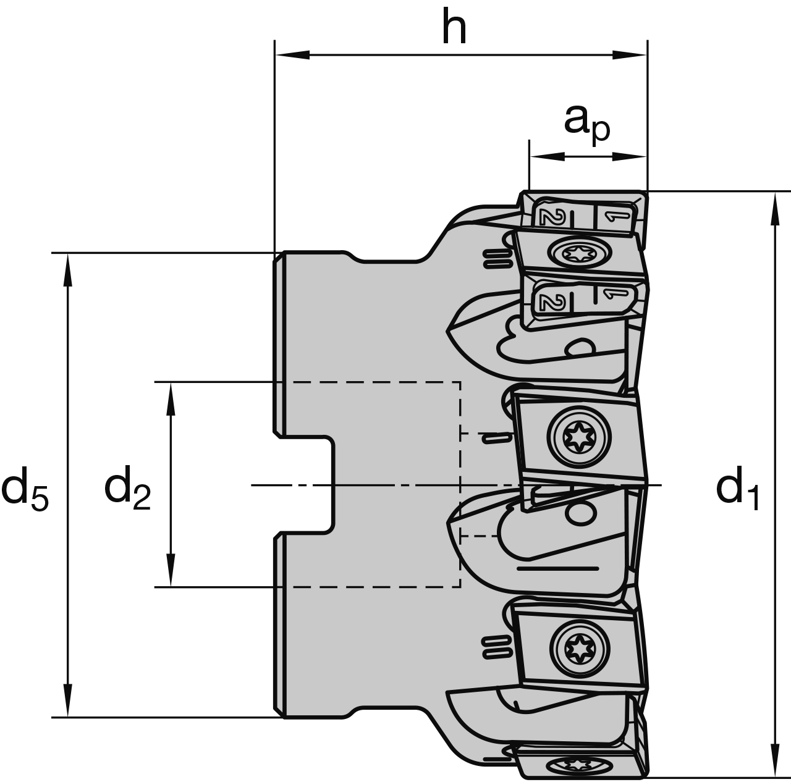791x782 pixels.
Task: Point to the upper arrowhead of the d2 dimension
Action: [171, 398]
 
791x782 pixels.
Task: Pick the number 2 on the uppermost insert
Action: [549, 217]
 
